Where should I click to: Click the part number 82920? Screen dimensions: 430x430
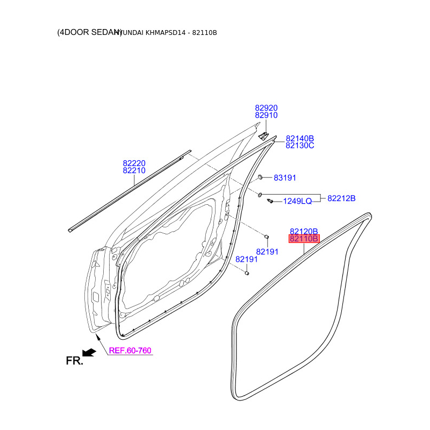pos(266,108)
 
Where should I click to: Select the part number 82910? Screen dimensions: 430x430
pos(266,116)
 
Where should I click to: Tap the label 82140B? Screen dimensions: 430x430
pos(299,138)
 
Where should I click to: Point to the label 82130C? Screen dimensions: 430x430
pos(299,146)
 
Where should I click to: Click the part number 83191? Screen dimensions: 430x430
pos(285,178)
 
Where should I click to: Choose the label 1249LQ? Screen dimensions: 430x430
pos(297,201)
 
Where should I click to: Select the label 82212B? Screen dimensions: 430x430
pos(341,198)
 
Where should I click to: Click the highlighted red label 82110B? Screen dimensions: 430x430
pos(304,239)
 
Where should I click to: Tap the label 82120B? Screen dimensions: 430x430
pos(304,231)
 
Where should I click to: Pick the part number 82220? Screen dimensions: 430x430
pos(134,163)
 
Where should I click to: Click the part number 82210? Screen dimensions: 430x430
pos(134,171)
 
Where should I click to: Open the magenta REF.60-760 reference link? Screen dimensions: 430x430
pos(130,351)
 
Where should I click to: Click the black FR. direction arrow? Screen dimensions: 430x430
pos(89,352)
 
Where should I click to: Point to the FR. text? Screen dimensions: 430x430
pos(74,361)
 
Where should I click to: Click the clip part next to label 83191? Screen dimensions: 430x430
pos(260,177)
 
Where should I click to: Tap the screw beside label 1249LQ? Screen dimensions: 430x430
pos(270,201)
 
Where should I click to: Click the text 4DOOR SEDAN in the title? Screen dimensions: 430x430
pos(89,32)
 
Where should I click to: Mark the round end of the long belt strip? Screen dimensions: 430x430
pos(71,230)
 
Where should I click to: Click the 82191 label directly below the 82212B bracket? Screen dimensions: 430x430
pos(267,252)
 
